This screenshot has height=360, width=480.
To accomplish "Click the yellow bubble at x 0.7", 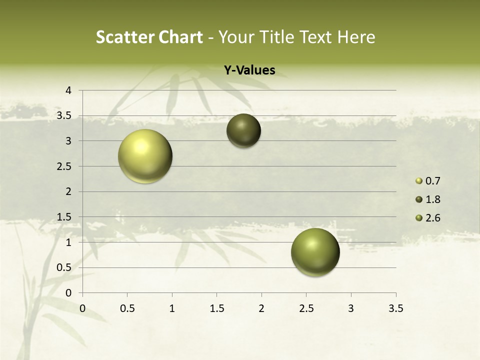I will tap(145, 156).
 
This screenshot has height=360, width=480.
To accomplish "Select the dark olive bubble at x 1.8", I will tap(243, 130).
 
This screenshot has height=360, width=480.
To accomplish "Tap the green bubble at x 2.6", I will tap(315, 252).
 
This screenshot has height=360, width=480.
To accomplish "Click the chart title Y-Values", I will tap(249, 70).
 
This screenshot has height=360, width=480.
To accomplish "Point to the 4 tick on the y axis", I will tap(68, 90).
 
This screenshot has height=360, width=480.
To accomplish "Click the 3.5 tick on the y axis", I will tap(65, 116).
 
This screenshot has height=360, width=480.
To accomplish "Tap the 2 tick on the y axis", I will tap(68, 191).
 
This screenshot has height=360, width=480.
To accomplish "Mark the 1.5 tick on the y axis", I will tap(65, 217).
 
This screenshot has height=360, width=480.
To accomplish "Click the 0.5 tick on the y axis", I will tap(65, 267).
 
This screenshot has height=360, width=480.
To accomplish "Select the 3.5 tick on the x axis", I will tap(395, 308).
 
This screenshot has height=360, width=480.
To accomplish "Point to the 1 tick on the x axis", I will tap(172, 308).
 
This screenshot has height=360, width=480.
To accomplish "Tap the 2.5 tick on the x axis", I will tap(306, 308).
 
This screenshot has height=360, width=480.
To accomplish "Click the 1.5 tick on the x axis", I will tap(216, 308).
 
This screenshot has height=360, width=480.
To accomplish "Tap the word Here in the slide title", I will tap(356, 37).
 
